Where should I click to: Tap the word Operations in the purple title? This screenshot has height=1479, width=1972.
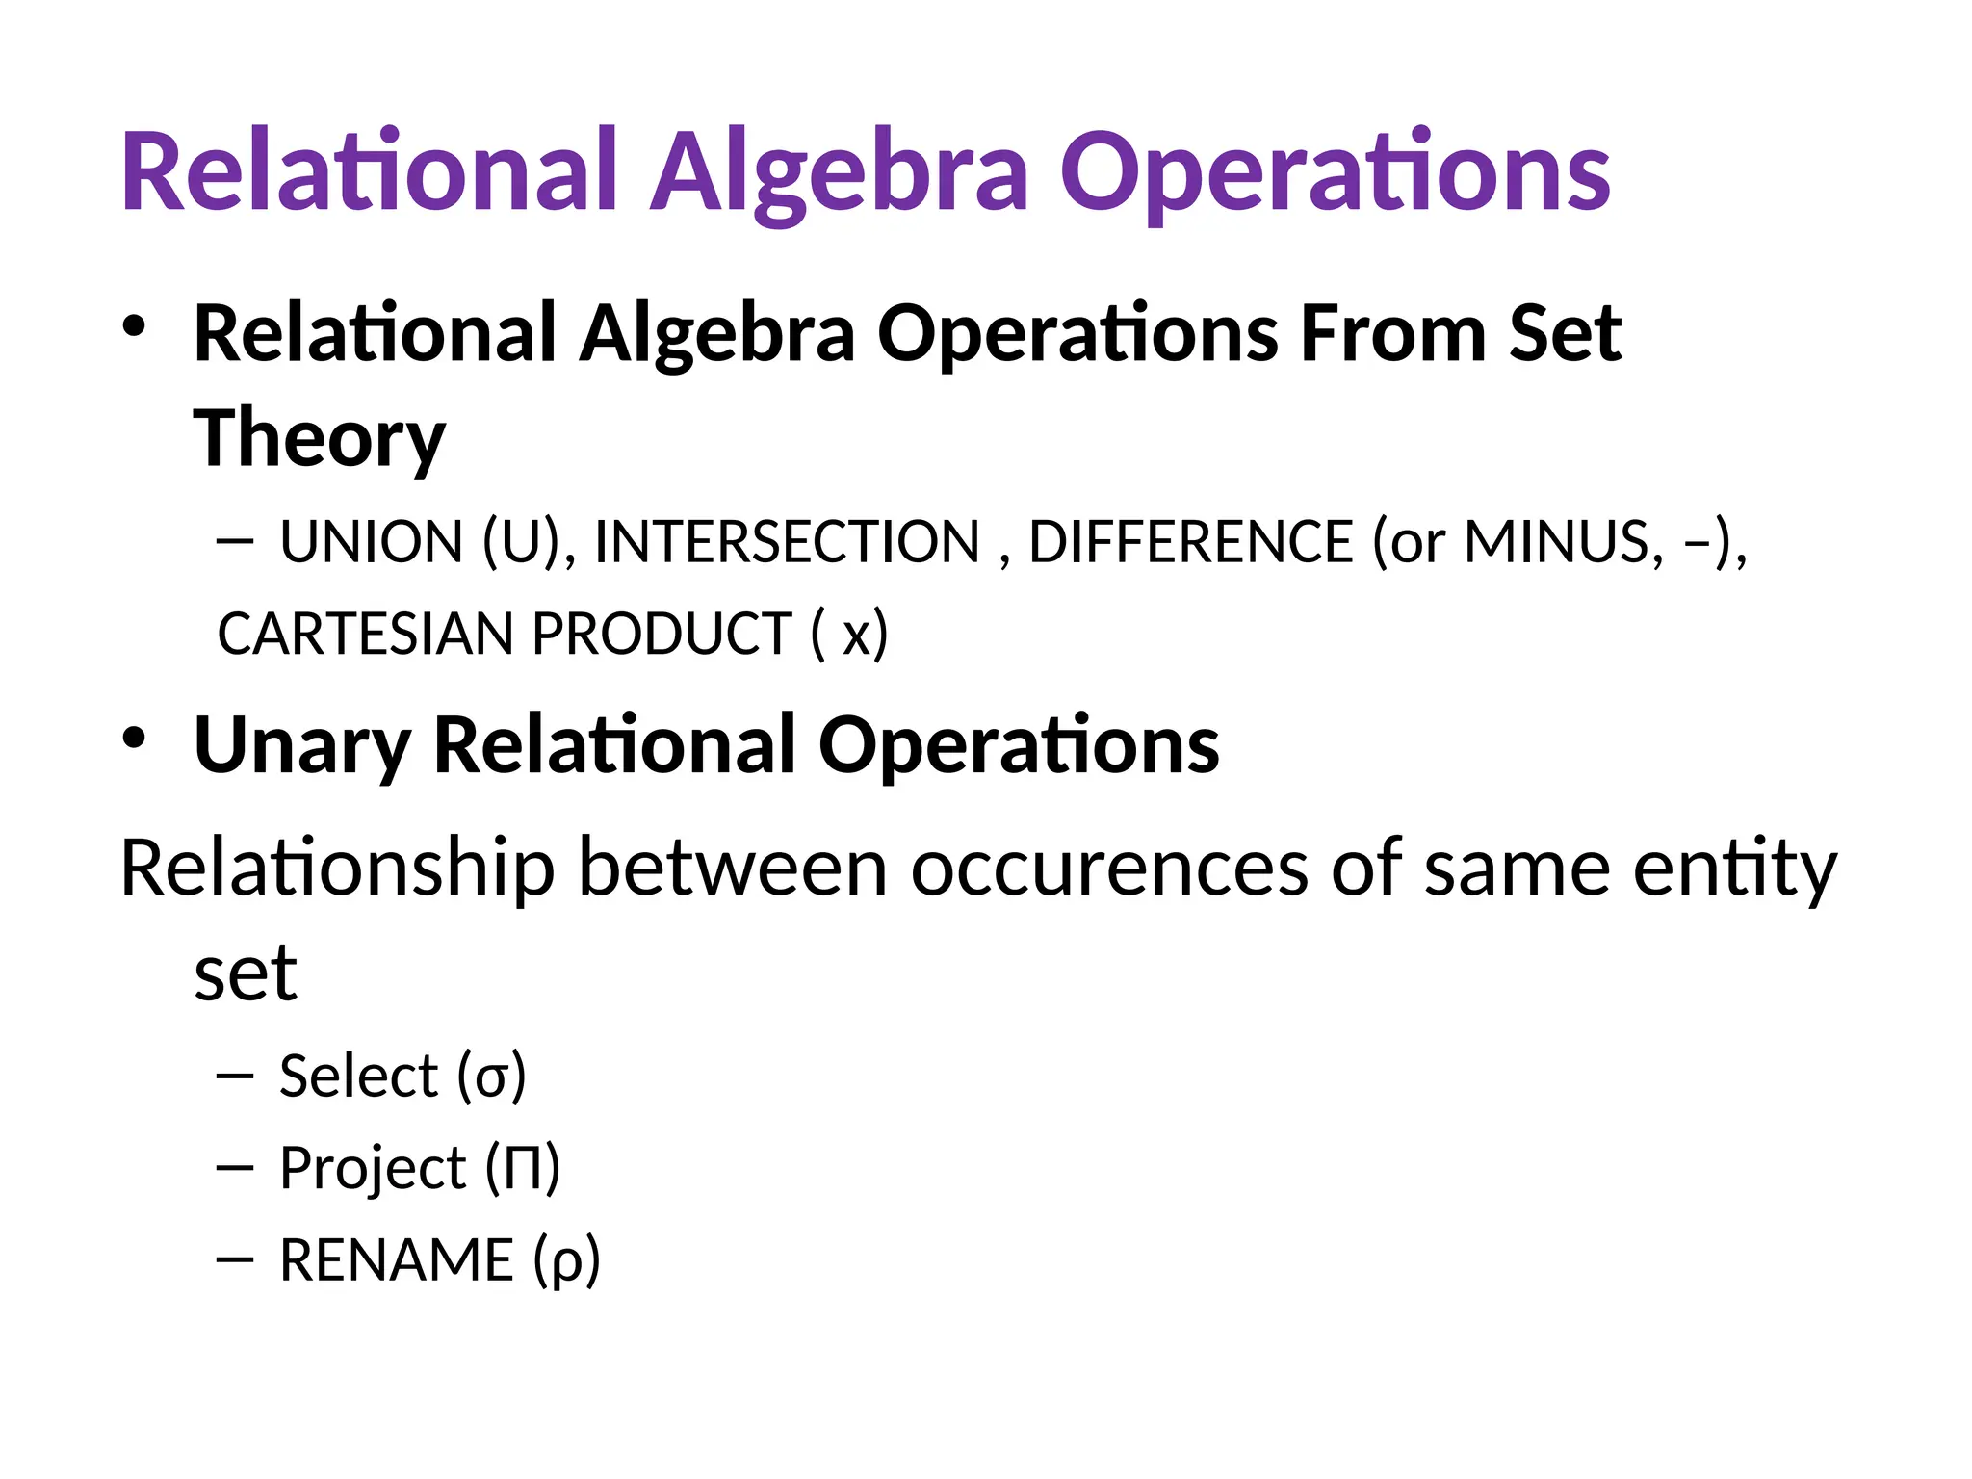point(1335,173)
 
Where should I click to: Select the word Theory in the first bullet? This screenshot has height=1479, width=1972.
point(320,438)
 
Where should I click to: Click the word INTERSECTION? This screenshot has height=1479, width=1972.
point(787,542)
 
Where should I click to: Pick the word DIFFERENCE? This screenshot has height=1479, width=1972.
point(1191,542)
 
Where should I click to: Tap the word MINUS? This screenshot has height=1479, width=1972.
point(1562,542)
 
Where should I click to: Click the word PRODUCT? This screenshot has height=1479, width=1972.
point(662,635)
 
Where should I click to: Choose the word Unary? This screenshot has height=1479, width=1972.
point(302,745)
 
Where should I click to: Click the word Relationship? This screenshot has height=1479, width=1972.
point(337,869)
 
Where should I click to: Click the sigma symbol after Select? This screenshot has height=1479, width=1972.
point(491,1079)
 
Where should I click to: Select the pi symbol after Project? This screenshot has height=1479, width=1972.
point(522,1169)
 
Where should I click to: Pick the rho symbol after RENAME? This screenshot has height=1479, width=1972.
point(567,1262)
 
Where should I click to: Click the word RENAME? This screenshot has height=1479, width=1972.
point(397,1260)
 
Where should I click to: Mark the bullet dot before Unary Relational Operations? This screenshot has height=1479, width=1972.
point(134,739)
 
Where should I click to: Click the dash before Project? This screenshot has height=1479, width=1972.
point(235,1169)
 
